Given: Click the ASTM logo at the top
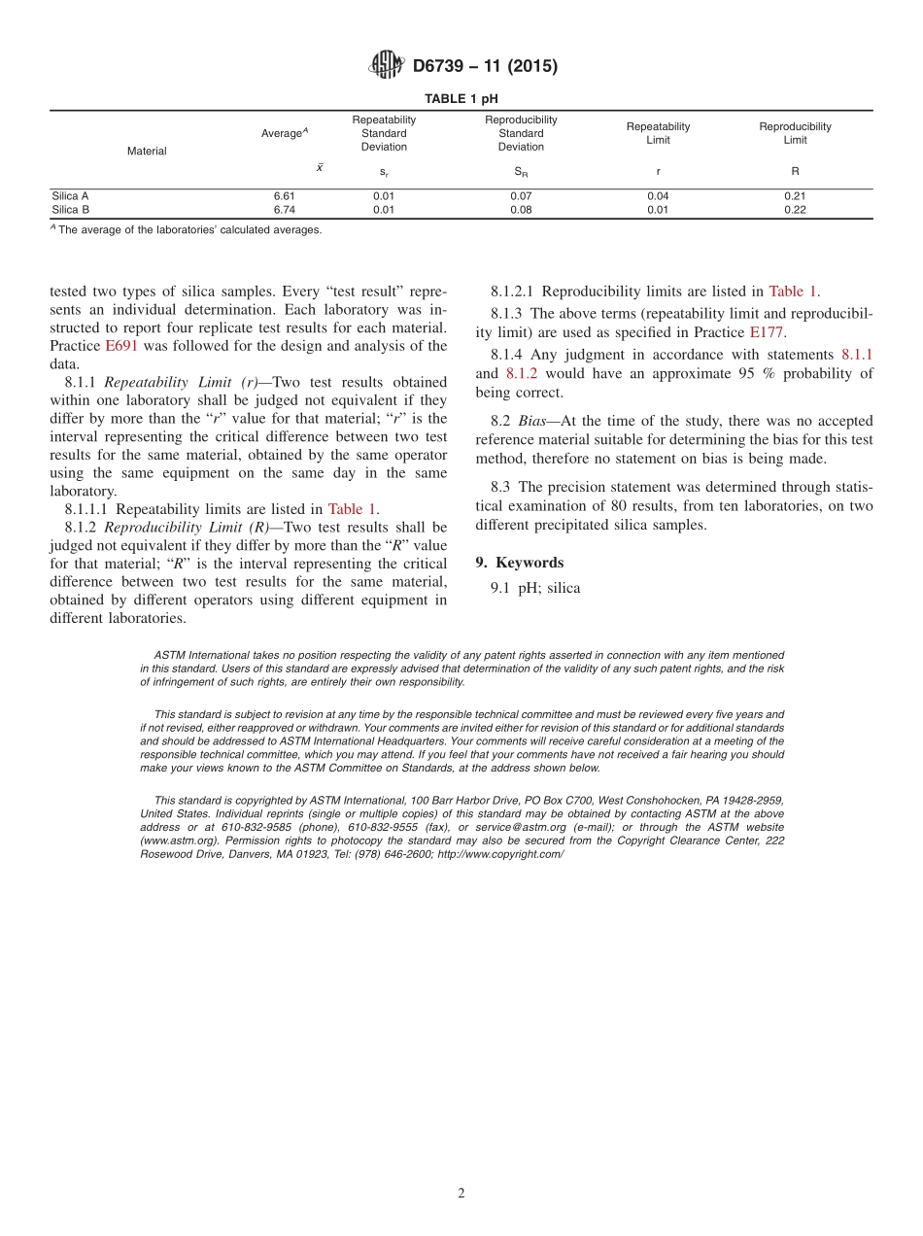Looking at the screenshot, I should pos(385,66).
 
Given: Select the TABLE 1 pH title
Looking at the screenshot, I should pos(461,99).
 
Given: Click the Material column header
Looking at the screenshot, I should pos(147,151).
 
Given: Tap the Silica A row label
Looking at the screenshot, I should pos(71,195).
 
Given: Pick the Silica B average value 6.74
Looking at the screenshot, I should pos(284,209).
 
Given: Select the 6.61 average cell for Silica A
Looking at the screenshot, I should pos(284,195).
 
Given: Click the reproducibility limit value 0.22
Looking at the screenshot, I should pos(794,209).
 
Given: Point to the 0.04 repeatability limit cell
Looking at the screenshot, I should pos(658,195).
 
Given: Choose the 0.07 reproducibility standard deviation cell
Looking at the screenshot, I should pos(521,195).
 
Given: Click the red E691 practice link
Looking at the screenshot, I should pos(121,346).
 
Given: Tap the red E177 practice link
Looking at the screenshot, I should pos(767,331).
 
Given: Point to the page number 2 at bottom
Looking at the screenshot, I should pos(461,1194).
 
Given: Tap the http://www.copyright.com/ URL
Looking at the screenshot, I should pos(500,854).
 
